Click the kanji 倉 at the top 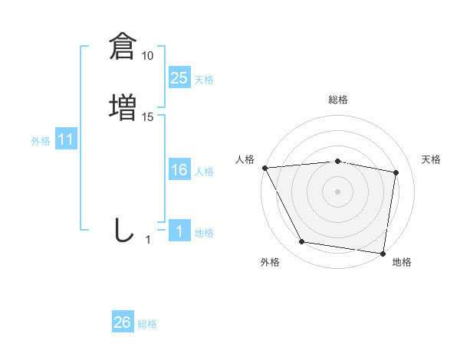[122, 45]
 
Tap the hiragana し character [123, 230]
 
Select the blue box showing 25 [179, 78]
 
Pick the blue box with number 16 [179, 170]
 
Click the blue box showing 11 [66, 140]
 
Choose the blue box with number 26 [123, 322]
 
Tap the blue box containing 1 [179, 231]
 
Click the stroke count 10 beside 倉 [148, 56]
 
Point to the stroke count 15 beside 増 [148, 117]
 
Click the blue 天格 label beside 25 [204, 80]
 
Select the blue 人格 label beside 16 [204, 172]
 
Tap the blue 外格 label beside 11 [40, 141]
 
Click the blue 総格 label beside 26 [147, 324]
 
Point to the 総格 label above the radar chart [337, 100]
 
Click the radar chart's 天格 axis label [432, 159]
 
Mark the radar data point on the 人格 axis [264, 168]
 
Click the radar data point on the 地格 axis [383, 253]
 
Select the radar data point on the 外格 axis [302, 243]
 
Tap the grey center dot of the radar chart [337, 191]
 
